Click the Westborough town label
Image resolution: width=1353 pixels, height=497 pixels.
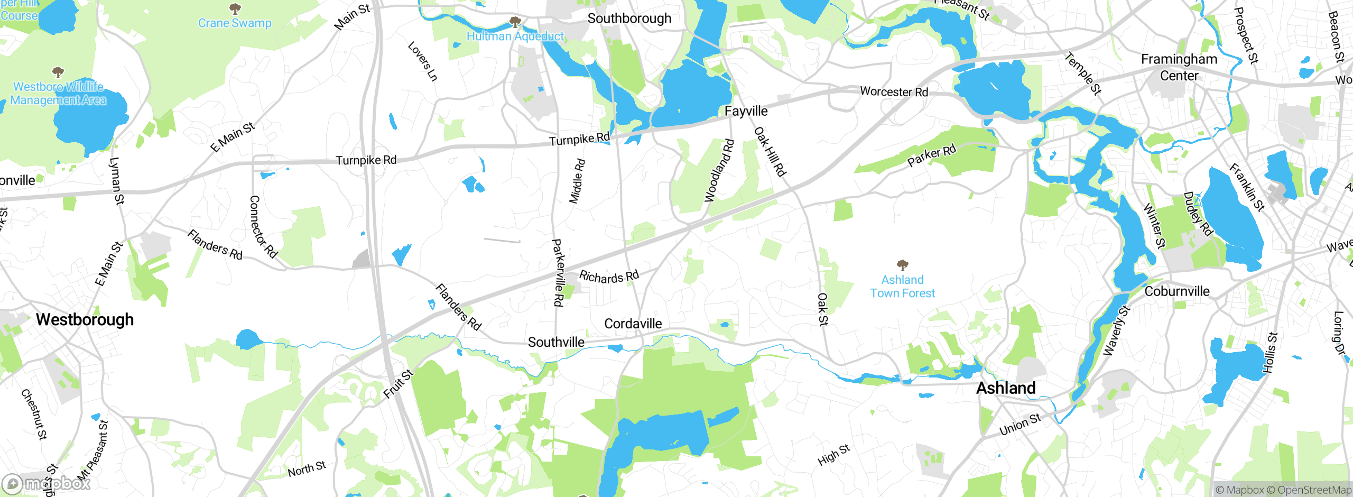(x=85, y=319)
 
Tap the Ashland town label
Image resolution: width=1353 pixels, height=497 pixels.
(x=1005, y=388)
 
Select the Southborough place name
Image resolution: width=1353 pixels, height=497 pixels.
(x=629, y=19)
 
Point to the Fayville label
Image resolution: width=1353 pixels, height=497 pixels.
(x=746, y=111)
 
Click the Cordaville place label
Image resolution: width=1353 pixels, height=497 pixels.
(x=633, y=324)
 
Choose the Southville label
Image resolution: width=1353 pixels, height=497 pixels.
(x=556, y=342)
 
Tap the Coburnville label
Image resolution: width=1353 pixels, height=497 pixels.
(x=1176, y=291)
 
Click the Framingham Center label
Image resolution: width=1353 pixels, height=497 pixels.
(x=1179, y=67)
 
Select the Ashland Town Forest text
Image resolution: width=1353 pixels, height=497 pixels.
(x=902, y=286)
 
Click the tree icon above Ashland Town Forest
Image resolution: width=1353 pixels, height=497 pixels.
(x=902, y=264)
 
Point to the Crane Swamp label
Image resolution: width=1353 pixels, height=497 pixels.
(x=235, y=23)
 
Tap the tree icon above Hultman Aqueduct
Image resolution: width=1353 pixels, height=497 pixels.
(x=515, y=22)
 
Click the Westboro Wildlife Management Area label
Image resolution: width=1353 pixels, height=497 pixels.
(x=58, y=93)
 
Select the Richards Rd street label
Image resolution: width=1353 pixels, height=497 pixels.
(x=609, y=277)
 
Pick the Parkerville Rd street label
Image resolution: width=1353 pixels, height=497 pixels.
(x=558, y=272)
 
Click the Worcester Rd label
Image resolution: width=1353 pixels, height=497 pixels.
(x=894, y=91)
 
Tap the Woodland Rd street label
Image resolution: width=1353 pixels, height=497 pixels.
(x=719, y=170)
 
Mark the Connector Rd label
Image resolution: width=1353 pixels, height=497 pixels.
(x=263, y=227)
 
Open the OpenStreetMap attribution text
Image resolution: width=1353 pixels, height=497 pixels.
(x=1314, y=490)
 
